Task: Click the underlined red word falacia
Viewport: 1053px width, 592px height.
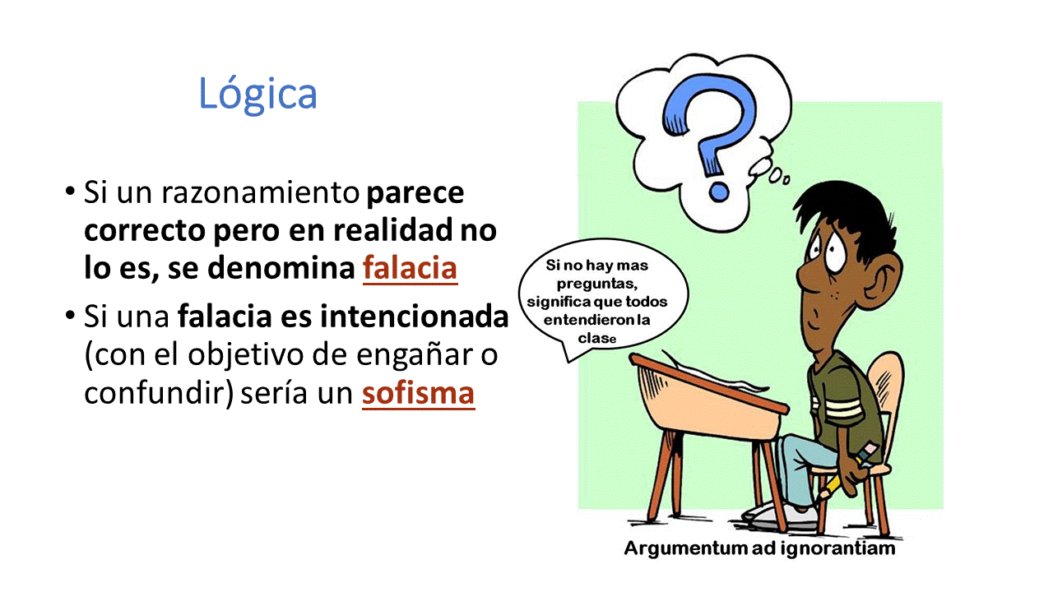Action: (x=410, y=268)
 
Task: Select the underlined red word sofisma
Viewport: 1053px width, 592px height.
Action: (x=418, y=393)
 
